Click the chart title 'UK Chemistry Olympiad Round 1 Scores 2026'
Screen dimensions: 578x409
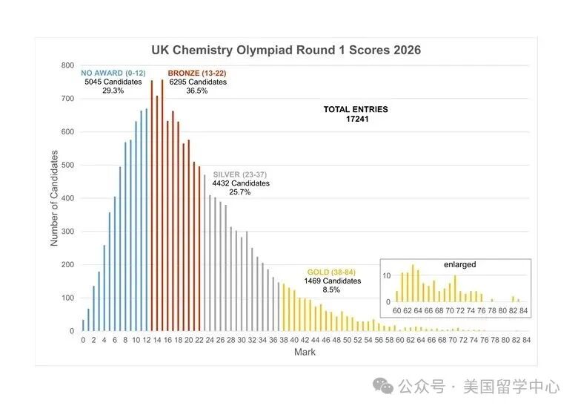point(286,50)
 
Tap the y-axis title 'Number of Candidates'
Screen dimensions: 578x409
point(54,198)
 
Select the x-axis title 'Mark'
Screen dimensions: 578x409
point(305,352)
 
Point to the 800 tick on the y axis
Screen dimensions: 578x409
point(68,65)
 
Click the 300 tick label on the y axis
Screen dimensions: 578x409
point(68,232)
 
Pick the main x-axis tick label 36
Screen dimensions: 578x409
point(273,340)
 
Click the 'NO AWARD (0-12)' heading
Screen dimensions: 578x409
point(113,73)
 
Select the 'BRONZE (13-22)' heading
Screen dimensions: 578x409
point(197,73)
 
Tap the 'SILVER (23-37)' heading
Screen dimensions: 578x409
point(240,174)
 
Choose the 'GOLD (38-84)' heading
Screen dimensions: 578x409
point(331,272)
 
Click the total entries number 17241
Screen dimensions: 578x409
point(357,119)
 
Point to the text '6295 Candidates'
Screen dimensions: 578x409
point(198,82)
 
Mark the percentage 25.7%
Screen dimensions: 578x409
point(239,192)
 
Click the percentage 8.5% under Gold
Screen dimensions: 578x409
point(331,289)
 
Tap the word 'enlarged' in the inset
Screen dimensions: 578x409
point(459,265)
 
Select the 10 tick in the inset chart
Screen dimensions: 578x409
point(386,275)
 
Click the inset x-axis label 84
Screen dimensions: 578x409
point(523,311)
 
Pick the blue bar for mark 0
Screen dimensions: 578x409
point(83,325)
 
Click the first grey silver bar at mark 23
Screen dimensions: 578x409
point(205,253)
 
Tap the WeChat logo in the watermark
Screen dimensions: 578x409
point(383,386)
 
